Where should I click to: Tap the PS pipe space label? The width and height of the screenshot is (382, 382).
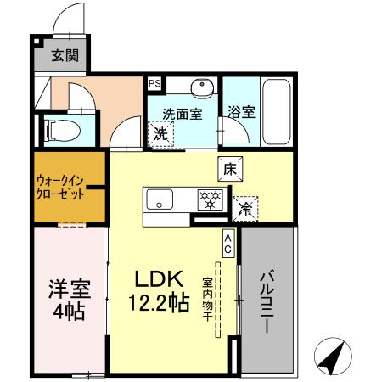pyautogui.click(x=154, y=84)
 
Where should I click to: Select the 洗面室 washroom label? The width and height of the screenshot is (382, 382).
pyautogui.click(x=182, y=114)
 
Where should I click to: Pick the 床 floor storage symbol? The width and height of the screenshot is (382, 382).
pyautogui.click(x=230, y=168)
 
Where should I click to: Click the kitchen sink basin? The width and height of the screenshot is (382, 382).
pyautogui.click(x=159, y=200)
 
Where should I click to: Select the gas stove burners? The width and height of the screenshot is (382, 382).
pyautogui.click(x=208, y=200)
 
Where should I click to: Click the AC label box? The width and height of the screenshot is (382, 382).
pyautogui.click(x=229, y=244)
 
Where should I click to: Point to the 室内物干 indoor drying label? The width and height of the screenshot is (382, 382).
pyautogui.click(x=207, y=301)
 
